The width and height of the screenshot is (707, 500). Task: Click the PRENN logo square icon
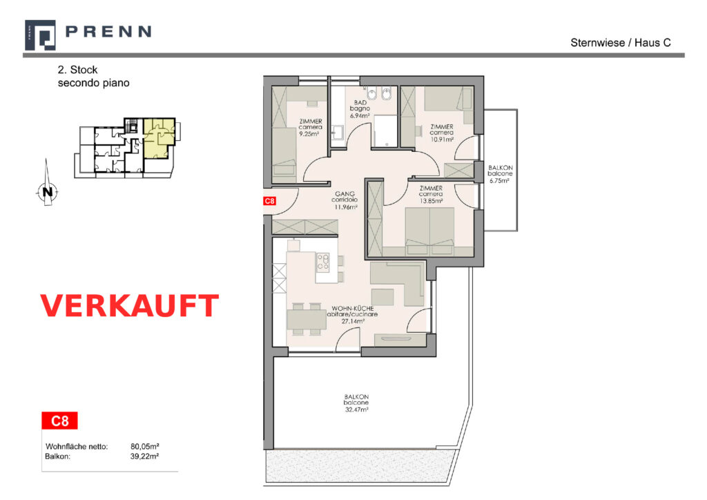point(40,35)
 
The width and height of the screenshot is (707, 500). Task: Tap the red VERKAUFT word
point(129,306)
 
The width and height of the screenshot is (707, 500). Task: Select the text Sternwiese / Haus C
point(621,43)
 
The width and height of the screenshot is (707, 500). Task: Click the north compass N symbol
point(47,191)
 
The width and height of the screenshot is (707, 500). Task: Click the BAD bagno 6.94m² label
point(360,109)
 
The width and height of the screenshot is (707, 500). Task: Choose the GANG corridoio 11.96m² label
point(345,200)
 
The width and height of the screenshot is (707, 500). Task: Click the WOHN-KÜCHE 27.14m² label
point(352,315)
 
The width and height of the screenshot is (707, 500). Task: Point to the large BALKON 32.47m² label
point(356,403)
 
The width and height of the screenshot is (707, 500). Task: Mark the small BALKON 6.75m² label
point(500,174)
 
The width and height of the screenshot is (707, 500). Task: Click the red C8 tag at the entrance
point(270,201)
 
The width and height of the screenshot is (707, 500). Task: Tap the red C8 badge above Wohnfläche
point(59,421)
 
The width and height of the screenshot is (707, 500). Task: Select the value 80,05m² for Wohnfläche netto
point(145,446)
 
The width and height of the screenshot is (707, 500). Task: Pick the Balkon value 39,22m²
point(144,456)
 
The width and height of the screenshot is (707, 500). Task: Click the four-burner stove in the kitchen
point(323,262)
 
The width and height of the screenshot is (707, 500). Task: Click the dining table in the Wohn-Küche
point(307,319)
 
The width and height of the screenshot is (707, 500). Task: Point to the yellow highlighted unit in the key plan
point(159,137)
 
